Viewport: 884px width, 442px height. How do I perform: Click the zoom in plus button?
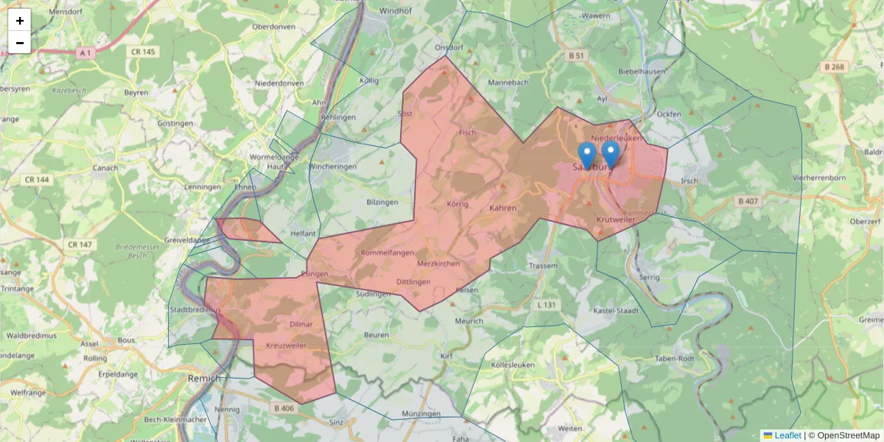20,21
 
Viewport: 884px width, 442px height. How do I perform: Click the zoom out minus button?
20,43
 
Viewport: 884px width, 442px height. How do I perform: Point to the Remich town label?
204,378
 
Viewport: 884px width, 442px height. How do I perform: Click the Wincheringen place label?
333,166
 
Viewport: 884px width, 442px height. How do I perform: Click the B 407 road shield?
749,200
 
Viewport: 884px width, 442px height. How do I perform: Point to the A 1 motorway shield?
85,52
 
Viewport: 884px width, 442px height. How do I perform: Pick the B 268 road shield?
833,67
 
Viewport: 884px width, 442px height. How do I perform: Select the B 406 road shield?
284,408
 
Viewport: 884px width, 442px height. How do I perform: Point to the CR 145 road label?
142,52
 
